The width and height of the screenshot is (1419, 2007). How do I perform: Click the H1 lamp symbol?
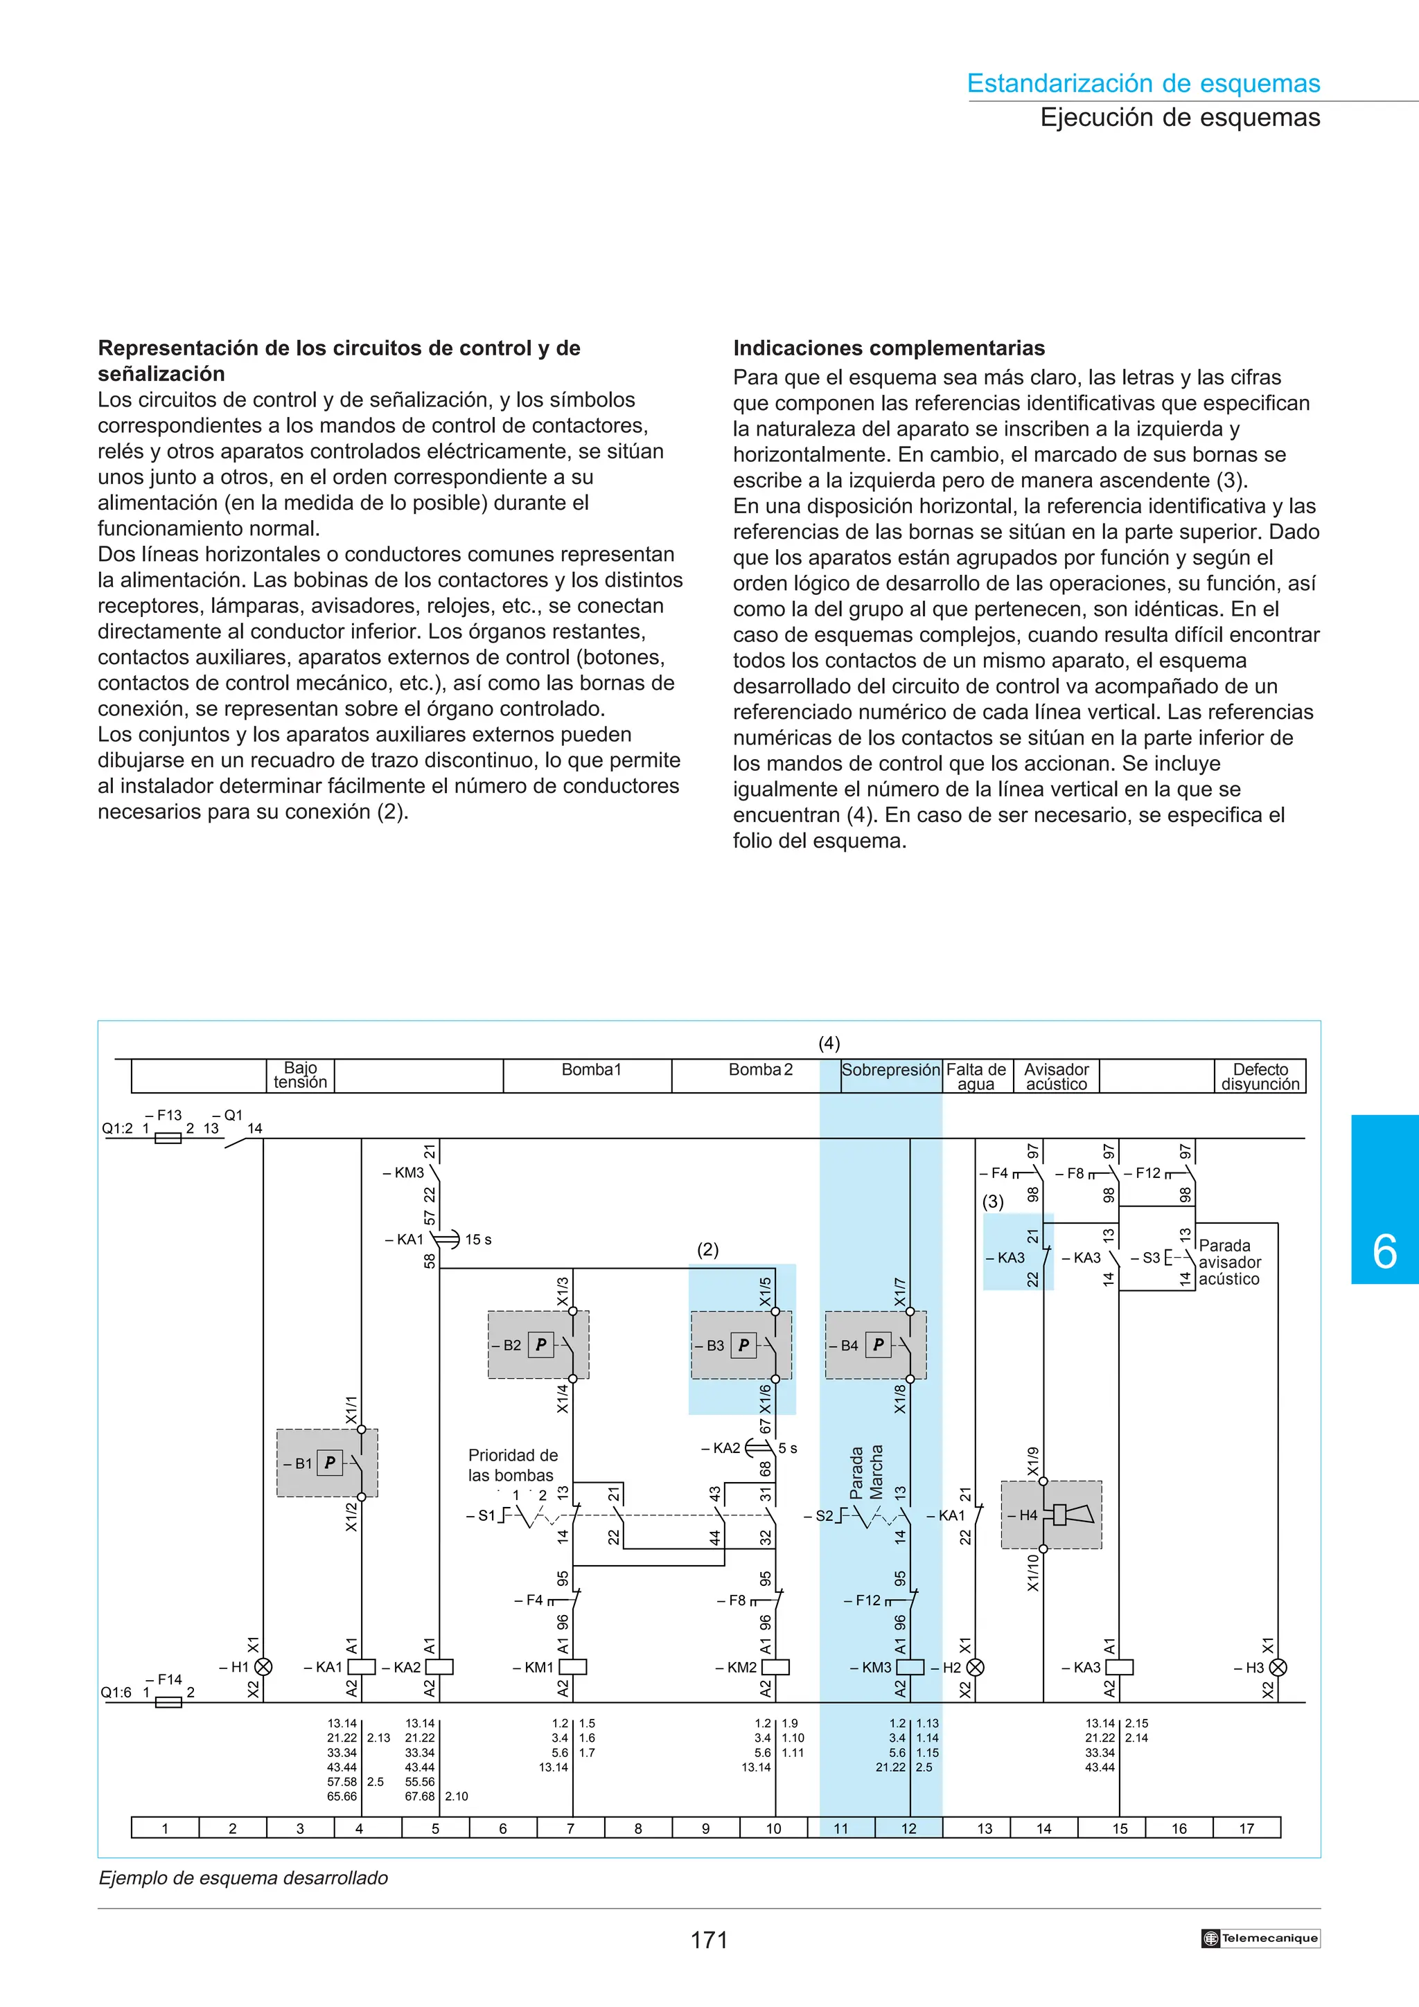pyautogui.click(x=263, y=1667)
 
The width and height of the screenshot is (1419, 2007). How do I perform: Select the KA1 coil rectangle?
pyautogui.click(x=362, y=1667)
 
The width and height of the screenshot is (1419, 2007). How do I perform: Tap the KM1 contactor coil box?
pyautogui.click(x=573, y=1667)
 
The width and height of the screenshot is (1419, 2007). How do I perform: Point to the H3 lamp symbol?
pyautogui.click(x=1278, y=1667)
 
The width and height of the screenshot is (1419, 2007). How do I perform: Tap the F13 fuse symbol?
pyautogui.click(x=168, y=1138)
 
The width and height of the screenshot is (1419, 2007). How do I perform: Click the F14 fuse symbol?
pyautogui.click(x=168, y=1702)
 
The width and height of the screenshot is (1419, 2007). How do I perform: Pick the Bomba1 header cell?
pyautogui.click(x=591, y=1070)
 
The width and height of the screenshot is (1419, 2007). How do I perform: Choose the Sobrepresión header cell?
pyautogui.click(x=891, y=1070)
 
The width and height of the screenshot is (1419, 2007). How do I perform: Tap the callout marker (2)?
pyautogui.click(x=707, y=1250)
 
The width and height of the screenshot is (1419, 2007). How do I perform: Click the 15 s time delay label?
pyautogui.click(x=477, y=1240)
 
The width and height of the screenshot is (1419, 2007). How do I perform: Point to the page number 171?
pyautogui.click(x=709, y=1941)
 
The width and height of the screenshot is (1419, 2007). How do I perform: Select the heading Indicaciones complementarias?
pyautogui.click(x=888, y=348)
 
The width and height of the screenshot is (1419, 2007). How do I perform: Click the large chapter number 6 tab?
pyautogui.click(x=1385, y=1251)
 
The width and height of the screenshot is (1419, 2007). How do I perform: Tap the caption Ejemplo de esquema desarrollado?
pyautogui.click(x=243, y=1877)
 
